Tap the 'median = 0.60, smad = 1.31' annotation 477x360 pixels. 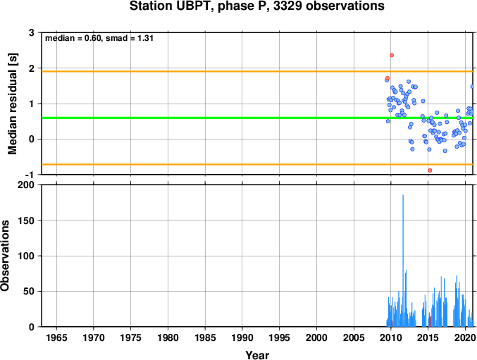(99, 38)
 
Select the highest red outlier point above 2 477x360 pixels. (392, 55)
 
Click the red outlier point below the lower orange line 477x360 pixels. (430, 170)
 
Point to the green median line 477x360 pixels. (257, 118)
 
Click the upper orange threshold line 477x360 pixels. (257, 71)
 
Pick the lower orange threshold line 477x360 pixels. (257, 164)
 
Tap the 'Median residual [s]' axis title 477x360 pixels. (13, 104)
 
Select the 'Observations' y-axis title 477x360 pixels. (4, 256)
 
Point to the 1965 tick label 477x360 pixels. (56, 337)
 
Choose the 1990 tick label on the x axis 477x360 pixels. (242, 337)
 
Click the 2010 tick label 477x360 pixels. (391, 337)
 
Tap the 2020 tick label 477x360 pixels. (465, 337)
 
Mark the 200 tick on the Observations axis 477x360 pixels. (27, 185)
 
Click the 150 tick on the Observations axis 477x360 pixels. (27, 221)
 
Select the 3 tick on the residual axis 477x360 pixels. (32, 32)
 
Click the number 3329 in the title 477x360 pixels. (287, 6)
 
